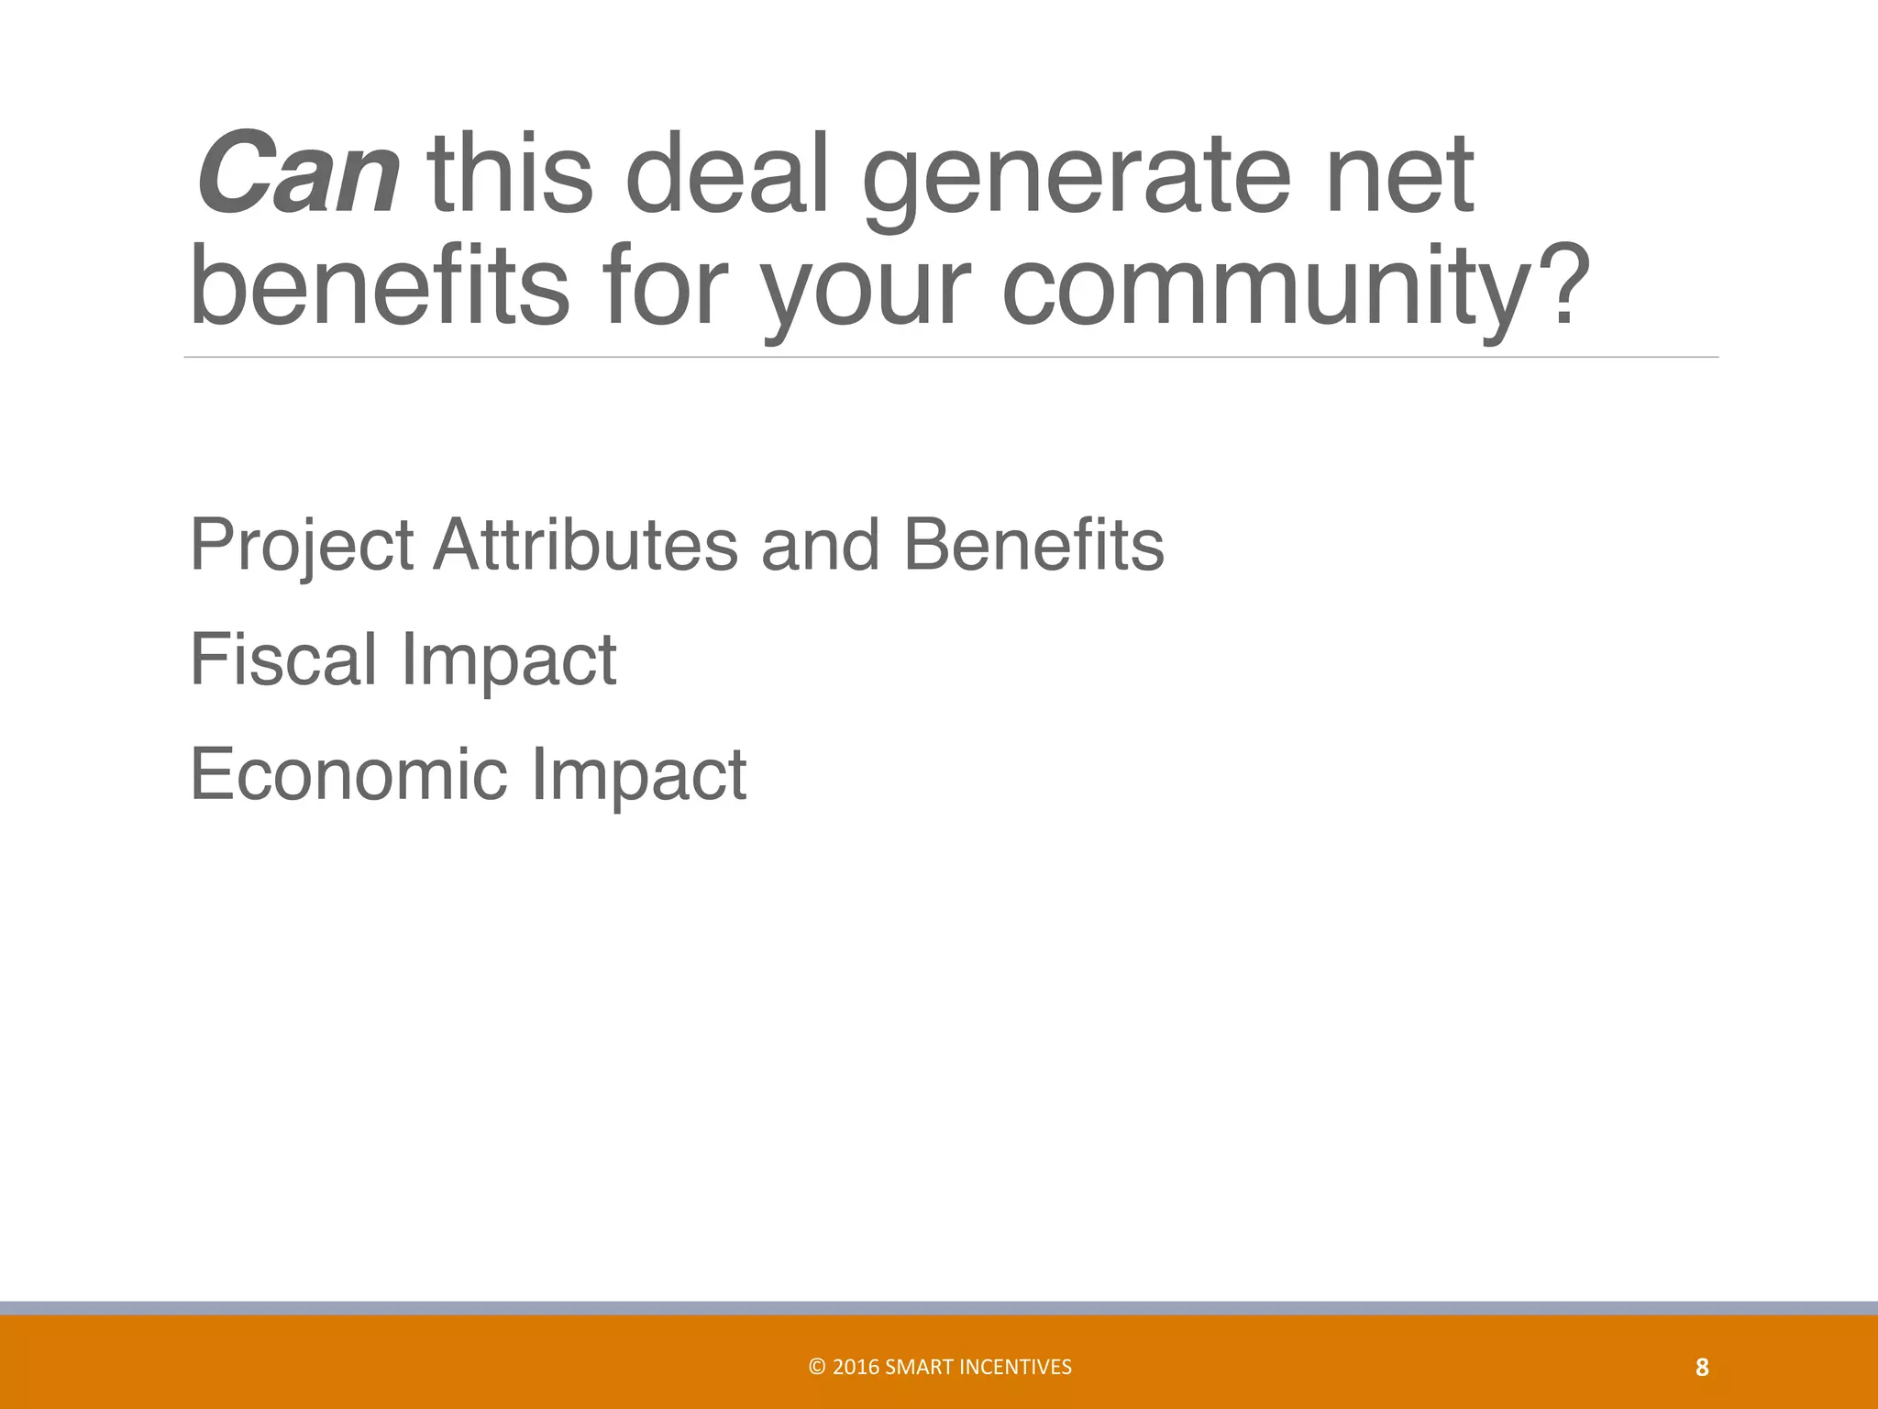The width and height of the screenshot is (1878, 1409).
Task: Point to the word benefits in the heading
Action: click(x=379, y=284)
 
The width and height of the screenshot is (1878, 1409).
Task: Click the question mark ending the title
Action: click(x=1560, y=284)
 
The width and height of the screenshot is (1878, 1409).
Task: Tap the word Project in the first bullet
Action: click(x=302, y=547)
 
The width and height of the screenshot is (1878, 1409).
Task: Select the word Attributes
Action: click(x=586, y=545)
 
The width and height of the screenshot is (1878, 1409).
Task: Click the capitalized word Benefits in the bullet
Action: click(x=1033, y=545)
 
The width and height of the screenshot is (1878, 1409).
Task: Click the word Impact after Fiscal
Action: click(x=509, y=662)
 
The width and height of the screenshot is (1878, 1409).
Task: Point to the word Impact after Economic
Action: click(x=639, y=778)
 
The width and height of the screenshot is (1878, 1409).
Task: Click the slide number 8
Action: click(x=1702, y=1369)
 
